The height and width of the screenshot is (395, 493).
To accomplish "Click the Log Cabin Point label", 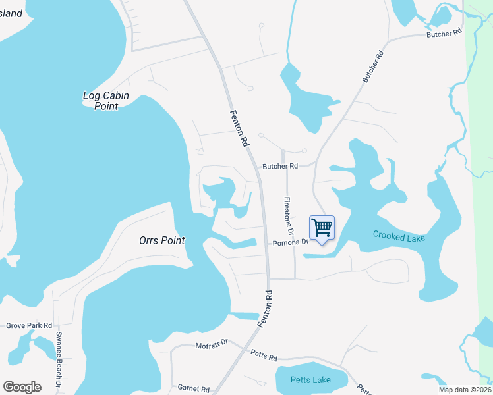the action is tap(105, 101).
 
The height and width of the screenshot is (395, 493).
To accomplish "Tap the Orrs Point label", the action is tap(162, 240).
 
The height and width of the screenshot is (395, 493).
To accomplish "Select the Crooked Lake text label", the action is tap(399, 236).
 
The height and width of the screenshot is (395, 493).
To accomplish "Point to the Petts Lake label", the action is tap(311, 380).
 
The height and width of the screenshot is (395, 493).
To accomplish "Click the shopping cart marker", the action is tap(322, 228).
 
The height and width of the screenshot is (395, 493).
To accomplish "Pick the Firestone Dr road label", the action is tap(288, 215).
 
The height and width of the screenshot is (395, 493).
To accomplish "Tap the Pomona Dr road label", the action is tap(291, 242).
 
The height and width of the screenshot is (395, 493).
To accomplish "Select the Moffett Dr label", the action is tap(212, 344).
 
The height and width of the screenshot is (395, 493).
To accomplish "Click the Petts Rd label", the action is tap(264, 355).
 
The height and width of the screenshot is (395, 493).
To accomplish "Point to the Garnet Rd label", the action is tap(193, 388).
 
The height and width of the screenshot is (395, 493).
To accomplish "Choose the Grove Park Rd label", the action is tap(29, 325).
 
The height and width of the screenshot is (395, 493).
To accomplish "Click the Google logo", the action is tap(22, 387).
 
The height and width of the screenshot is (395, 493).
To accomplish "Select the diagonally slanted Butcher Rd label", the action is tap(372, 67).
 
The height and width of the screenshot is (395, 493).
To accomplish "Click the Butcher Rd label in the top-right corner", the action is tap(444, 33).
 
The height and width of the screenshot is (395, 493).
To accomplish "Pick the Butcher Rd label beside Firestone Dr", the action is tap(280, 166).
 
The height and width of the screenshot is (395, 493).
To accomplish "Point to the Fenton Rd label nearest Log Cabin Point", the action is tap(239, 128).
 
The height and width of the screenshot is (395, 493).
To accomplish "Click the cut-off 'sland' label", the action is tap(11, 13).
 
